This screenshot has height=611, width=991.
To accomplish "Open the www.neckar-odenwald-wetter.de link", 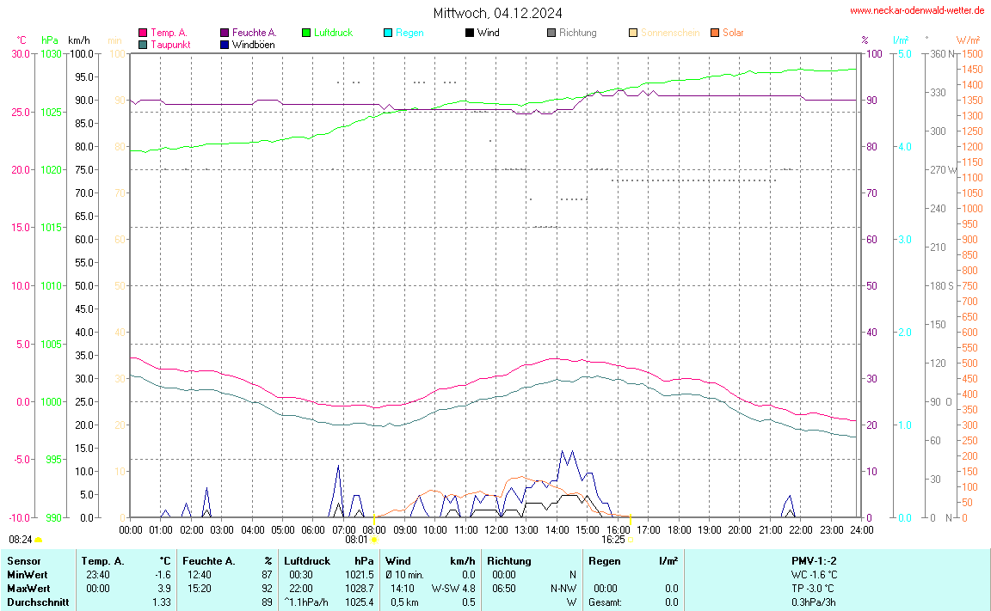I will tap(916, 10).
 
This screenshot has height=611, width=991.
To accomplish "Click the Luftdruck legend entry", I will tap(333, 33).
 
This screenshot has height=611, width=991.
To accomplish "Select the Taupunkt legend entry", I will tap(169, 44).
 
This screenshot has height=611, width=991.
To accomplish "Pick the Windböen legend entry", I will tap(253, 44).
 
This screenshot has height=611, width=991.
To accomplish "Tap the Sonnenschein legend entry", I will tap(670, 33).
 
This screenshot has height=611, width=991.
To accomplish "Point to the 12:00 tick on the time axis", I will tap(495, 529).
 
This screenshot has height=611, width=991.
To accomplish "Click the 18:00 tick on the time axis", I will tap(679, 529).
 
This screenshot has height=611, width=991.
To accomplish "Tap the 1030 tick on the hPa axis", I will tap(52, 53).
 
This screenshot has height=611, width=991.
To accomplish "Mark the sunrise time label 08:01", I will tap(356, 540).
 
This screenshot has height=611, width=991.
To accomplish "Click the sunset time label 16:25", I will tap(612, 540).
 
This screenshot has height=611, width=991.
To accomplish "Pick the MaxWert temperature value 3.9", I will tap(163, 589).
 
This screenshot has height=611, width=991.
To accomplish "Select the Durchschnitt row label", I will tap(38, 602).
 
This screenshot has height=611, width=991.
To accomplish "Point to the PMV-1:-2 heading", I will tap(812, 561).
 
